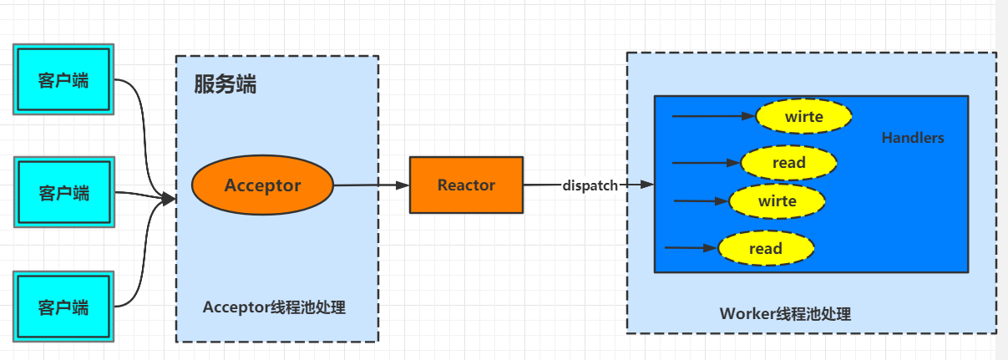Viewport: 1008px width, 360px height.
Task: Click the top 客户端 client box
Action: pos(63,80)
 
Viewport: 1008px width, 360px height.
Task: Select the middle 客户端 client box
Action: pos(63,193)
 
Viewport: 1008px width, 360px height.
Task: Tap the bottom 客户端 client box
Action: pos(63,306)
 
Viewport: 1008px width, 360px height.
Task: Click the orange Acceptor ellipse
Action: pos(262,185)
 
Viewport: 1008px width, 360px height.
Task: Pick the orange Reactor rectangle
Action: pos(466,185)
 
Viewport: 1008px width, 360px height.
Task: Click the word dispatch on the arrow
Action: pos(590,185)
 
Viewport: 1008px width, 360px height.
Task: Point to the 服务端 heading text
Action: pos(225,84)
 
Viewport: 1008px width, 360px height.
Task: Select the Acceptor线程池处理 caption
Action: pos(274,307)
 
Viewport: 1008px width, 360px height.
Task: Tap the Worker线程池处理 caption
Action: pos(785,314)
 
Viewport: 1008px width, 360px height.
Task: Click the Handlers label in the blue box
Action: pos(913,138)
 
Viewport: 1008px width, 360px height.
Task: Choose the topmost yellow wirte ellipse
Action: pos(803,117)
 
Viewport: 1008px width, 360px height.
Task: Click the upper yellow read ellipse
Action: pos(788,163)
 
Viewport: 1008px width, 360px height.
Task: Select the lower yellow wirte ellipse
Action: pos(777,201)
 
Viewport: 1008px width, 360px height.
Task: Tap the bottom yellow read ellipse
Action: pos(765,248)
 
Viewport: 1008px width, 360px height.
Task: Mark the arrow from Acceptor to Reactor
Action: pos(371,185)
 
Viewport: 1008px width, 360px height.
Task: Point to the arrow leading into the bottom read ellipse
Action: pos(690,247)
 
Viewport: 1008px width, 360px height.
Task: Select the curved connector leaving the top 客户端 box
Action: pos(139,117)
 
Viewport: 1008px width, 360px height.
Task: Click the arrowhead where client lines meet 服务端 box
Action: pos(169,199)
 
